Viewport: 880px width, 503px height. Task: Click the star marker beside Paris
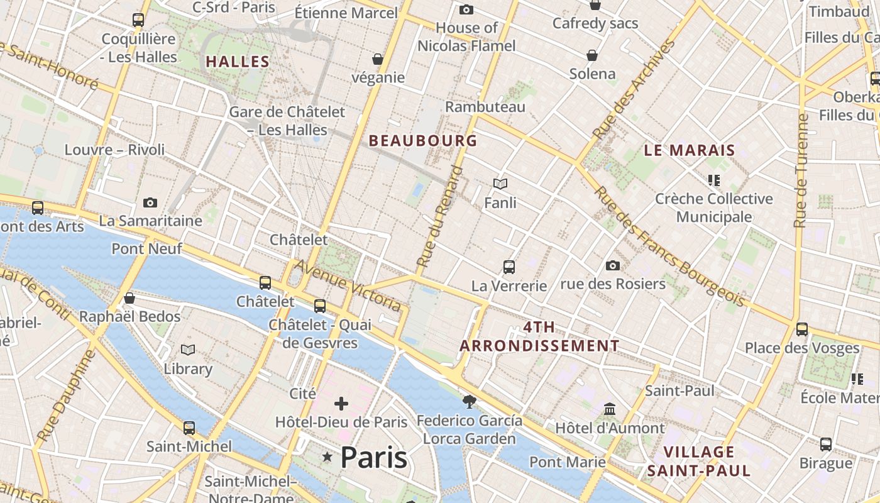pos(327,457)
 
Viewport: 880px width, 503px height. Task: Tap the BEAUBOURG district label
pos(423,141)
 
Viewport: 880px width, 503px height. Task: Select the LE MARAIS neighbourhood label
pos(690,150)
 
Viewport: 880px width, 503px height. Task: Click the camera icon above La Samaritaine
pos(150,202)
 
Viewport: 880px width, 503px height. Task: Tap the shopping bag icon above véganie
pos(378,59)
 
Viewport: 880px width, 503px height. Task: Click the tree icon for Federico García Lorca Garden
pos(469,401)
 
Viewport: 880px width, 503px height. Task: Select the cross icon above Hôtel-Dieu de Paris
pos(341,403)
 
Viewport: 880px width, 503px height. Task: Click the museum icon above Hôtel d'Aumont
pos(610,409)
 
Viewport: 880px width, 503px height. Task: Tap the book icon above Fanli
pos(500,184)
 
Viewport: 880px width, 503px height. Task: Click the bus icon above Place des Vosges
pos(802,329)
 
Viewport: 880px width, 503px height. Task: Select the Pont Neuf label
pos(147,249)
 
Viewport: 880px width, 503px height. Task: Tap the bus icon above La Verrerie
pos(509,267)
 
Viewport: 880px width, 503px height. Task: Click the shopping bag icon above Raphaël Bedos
pos(129,298)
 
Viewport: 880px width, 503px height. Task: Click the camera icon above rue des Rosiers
pos(613,265)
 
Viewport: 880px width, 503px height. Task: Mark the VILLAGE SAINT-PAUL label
pos(699,461)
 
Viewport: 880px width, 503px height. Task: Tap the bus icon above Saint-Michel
pos(189,428)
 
